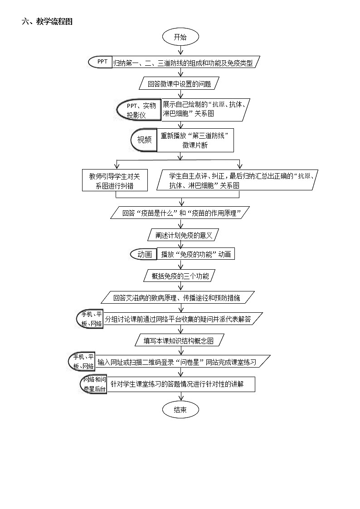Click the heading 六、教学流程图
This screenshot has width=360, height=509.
click(x=47, y=21)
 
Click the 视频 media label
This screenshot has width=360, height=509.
click(x=144, y=140)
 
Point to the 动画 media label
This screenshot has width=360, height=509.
click(x=144, y=254)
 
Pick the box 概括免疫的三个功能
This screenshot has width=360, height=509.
click(x=180, y=276)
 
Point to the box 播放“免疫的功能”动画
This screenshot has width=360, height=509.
click(x=195, y=254)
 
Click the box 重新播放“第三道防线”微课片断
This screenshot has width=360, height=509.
click(x=195, y=140)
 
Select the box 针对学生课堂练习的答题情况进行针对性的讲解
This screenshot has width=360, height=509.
click(x=180, y=384)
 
